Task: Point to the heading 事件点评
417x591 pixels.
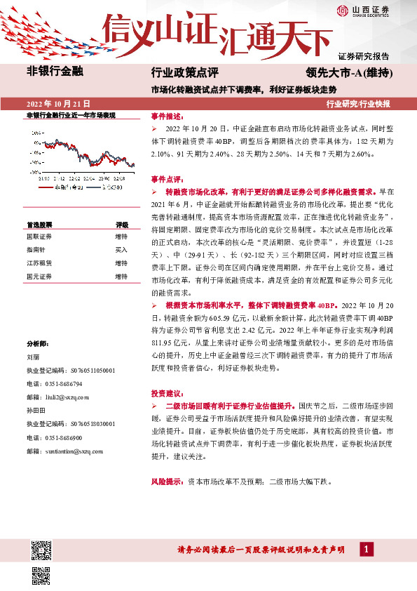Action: pos(167,179)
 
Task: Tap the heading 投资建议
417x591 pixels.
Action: pos(167,392)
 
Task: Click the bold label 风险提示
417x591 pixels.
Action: pos(168,483)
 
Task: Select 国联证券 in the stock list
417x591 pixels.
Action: pos(39,237)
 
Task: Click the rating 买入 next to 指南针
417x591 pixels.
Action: pos(121,250)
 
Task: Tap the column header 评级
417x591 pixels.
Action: pos(121,225)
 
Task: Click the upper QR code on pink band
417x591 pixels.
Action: pos(41,548)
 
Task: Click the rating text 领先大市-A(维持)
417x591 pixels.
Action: pos(348,72)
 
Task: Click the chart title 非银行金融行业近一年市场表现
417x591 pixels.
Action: pos(71,114)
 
